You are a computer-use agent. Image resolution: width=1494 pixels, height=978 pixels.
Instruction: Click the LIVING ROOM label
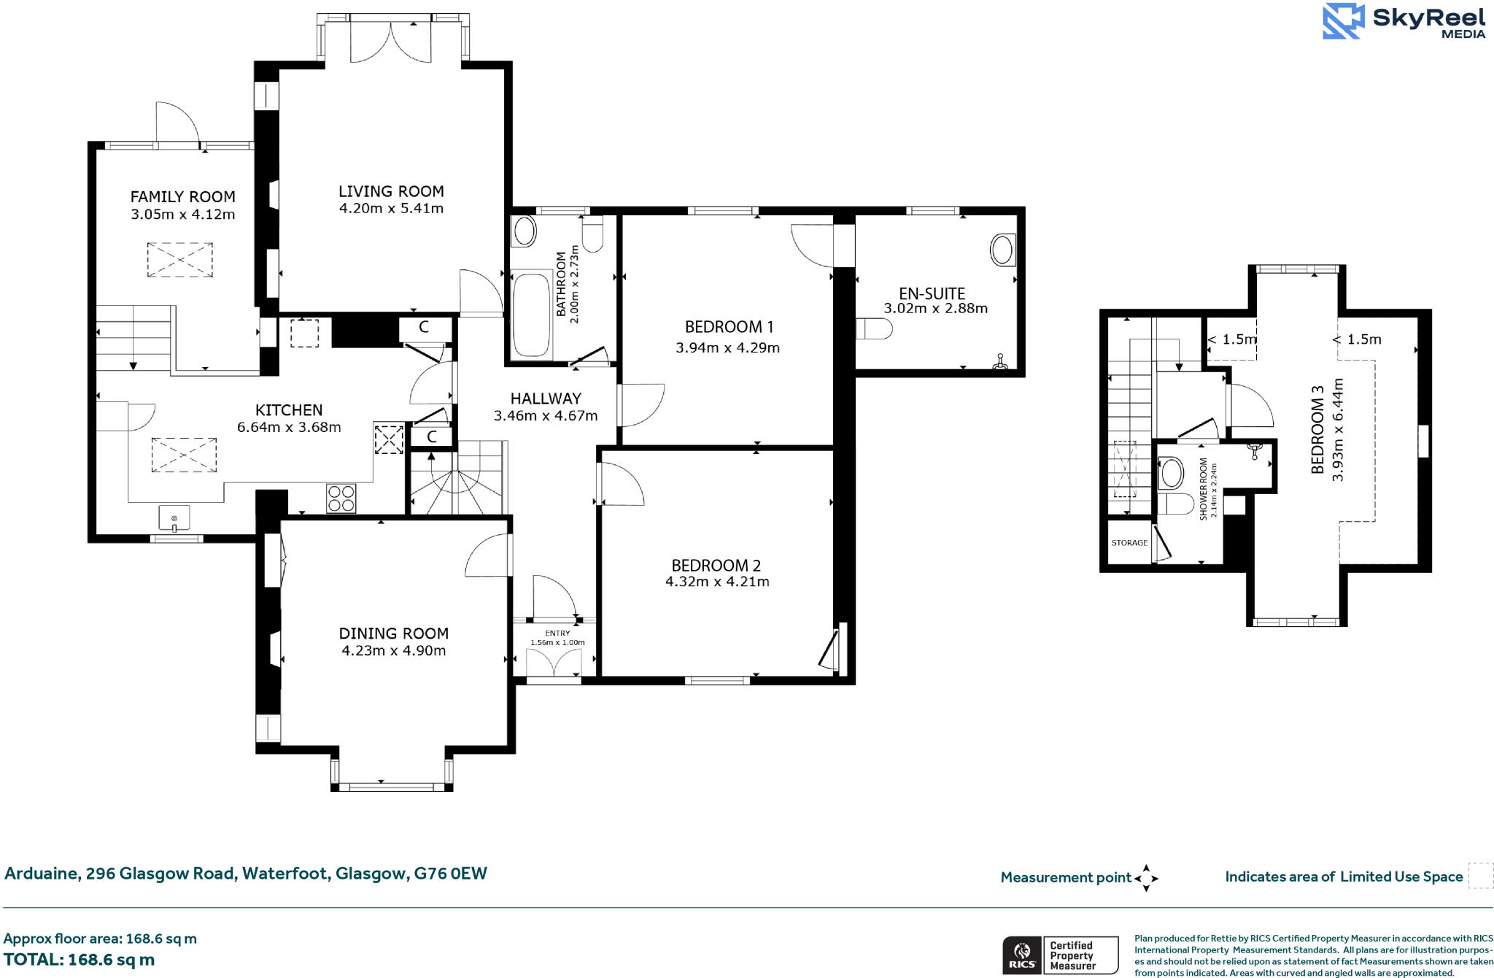[x=391, y=191]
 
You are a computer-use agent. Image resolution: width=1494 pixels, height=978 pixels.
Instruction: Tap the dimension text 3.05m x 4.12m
[x=182, y=215]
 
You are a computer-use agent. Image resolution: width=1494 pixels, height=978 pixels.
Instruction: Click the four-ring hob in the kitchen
[x=341, y=498]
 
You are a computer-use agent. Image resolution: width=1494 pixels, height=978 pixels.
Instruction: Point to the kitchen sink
[x=174, y=517]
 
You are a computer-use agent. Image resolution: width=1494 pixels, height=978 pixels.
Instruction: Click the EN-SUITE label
[x=932, y=293]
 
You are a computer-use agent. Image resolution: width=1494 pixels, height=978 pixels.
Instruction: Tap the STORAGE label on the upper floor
[x=1129, y=543]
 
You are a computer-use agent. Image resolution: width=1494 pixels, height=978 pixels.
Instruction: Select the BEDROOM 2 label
[x=716, y=566]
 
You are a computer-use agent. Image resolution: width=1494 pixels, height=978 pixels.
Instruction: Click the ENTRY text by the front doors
[x=557, y=634]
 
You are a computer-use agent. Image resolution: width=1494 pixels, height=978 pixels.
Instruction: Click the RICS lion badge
[x=1022, y=955]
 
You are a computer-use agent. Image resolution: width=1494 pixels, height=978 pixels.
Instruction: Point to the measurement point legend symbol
[x=1146, y=878]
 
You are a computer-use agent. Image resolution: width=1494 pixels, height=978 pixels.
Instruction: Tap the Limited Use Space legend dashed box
[x=1480, y=876]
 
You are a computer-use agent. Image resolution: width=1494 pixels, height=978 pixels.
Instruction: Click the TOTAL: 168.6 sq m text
[x=79, y=960]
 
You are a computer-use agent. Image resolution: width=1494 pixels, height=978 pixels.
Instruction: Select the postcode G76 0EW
[x=450, y=874]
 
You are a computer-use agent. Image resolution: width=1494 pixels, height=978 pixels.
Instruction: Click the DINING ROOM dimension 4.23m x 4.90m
[x=393, y=651]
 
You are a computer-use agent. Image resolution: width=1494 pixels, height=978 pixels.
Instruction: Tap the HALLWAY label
[x=546, y=398]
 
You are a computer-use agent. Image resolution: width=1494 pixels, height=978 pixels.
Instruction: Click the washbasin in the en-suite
[x=1002, y=250]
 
